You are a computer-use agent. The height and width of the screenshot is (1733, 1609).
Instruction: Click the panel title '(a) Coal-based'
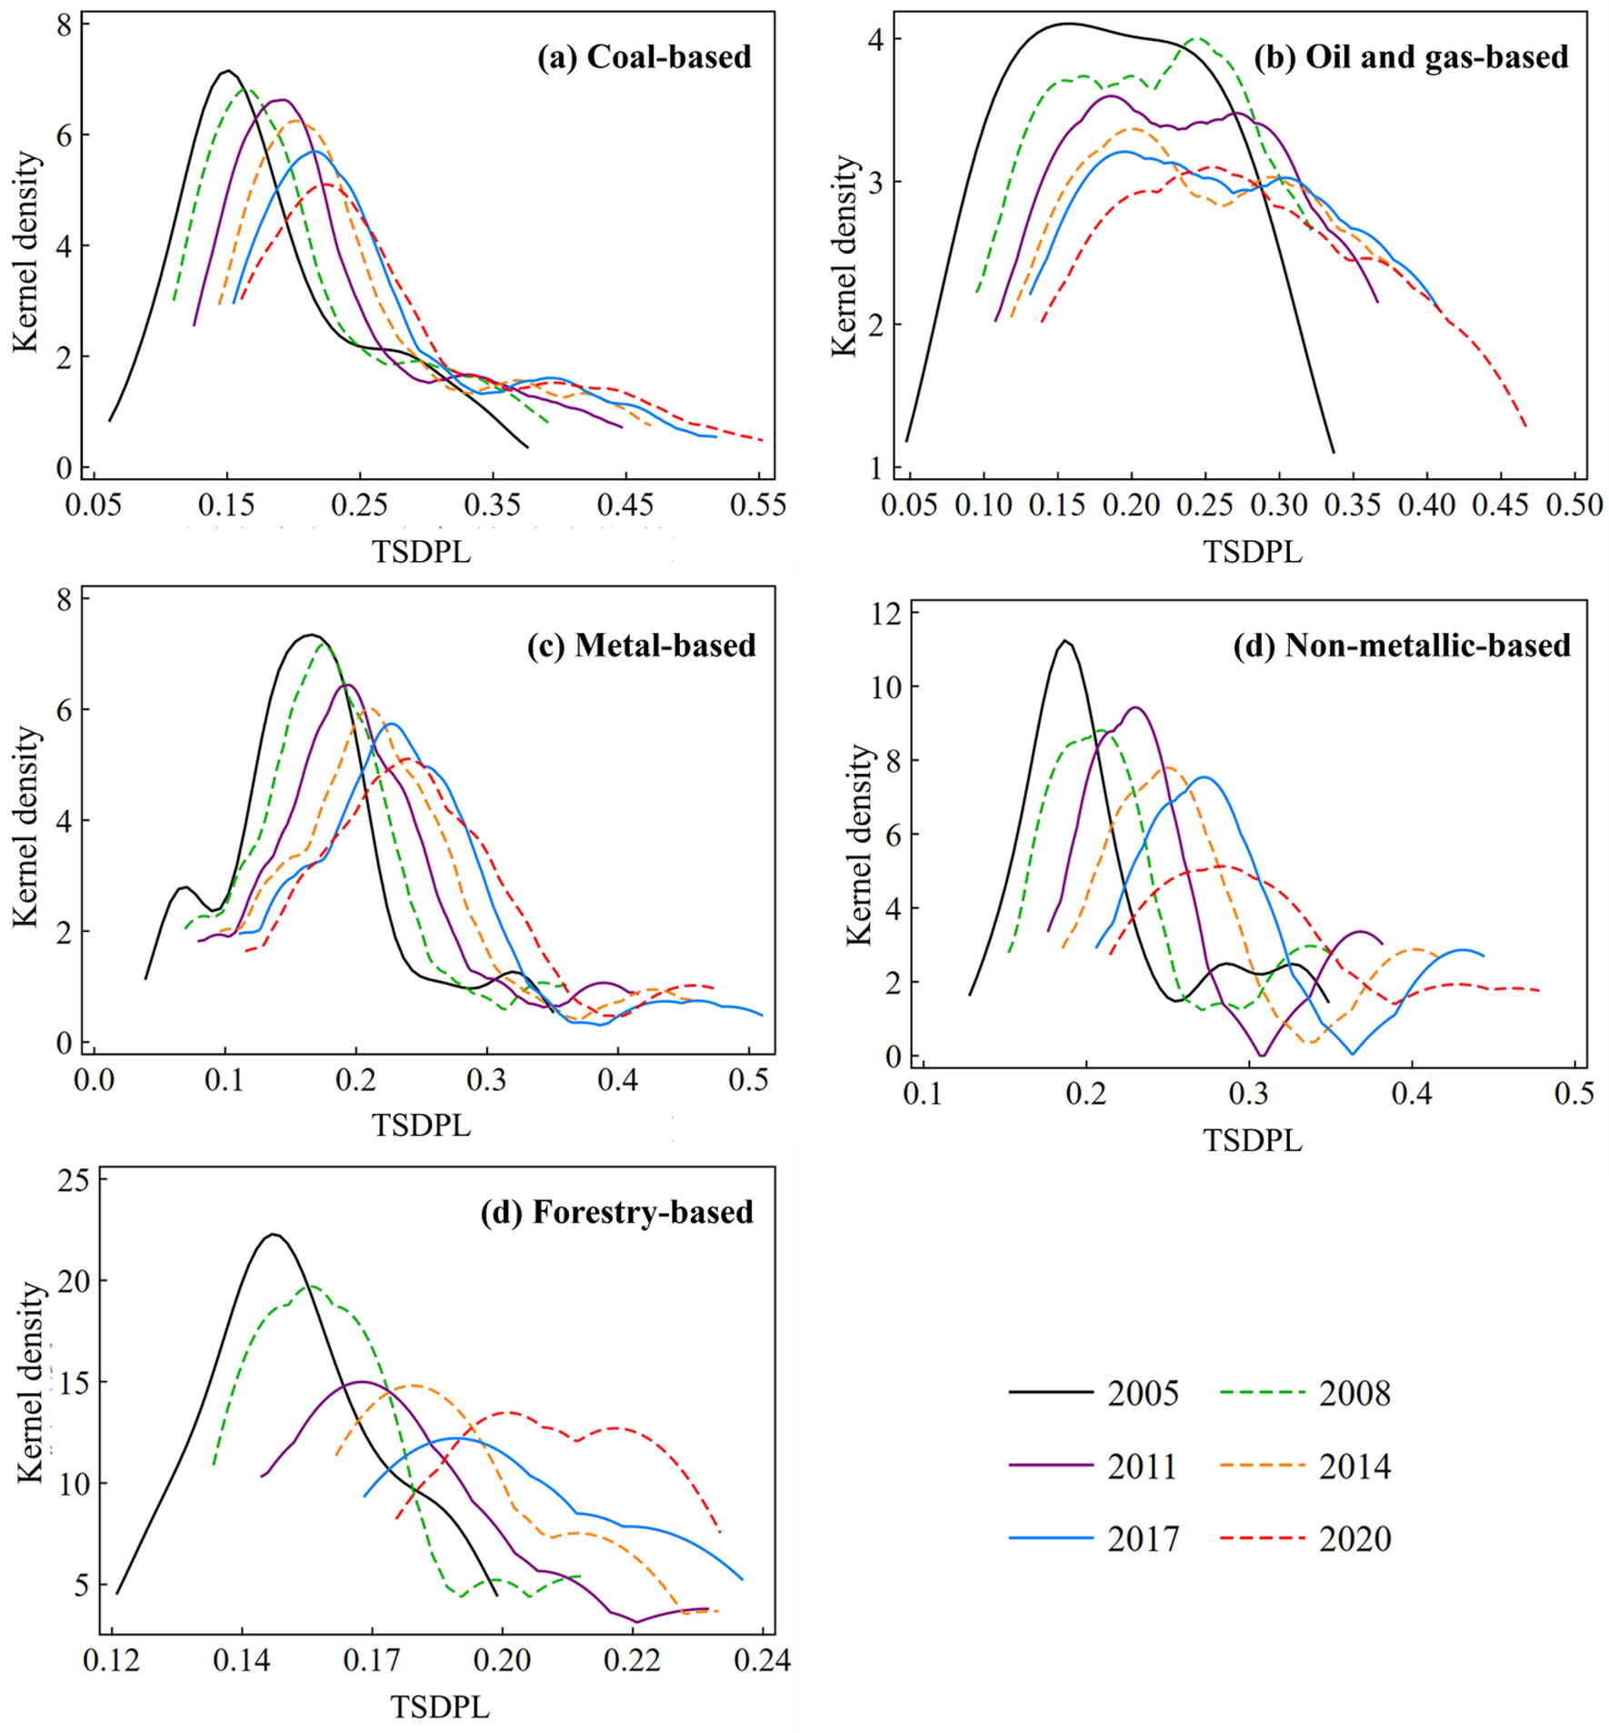coord(645,57)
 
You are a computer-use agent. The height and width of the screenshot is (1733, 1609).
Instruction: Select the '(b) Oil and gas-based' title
coord(1411,57)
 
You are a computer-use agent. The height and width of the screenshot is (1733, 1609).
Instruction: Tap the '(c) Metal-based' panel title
coord(642,646)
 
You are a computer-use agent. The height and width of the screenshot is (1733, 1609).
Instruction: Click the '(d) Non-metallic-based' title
coord(1402,646)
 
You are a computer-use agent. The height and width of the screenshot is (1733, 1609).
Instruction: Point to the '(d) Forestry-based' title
coord(617,1213)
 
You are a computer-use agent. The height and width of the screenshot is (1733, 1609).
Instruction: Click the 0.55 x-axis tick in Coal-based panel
coord(758,506)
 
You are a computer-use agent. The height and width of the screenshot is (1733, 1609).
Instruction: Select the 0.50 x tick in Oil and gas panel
coord(1574,506)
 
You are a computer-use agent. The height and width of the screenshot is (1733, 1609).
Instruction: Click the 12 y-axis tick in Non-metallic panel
coord(887,614)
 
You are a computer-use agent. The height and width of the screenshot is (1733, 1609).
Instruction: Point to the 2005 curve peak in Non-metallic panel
coord(1065,641)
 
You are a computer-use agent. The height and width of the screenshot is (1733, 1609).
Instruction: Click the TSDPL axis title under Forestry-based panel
coord(440,1707)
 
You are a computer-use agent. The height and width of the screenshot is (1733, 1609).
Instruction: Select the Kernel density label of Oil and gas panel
coord(845,256)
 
